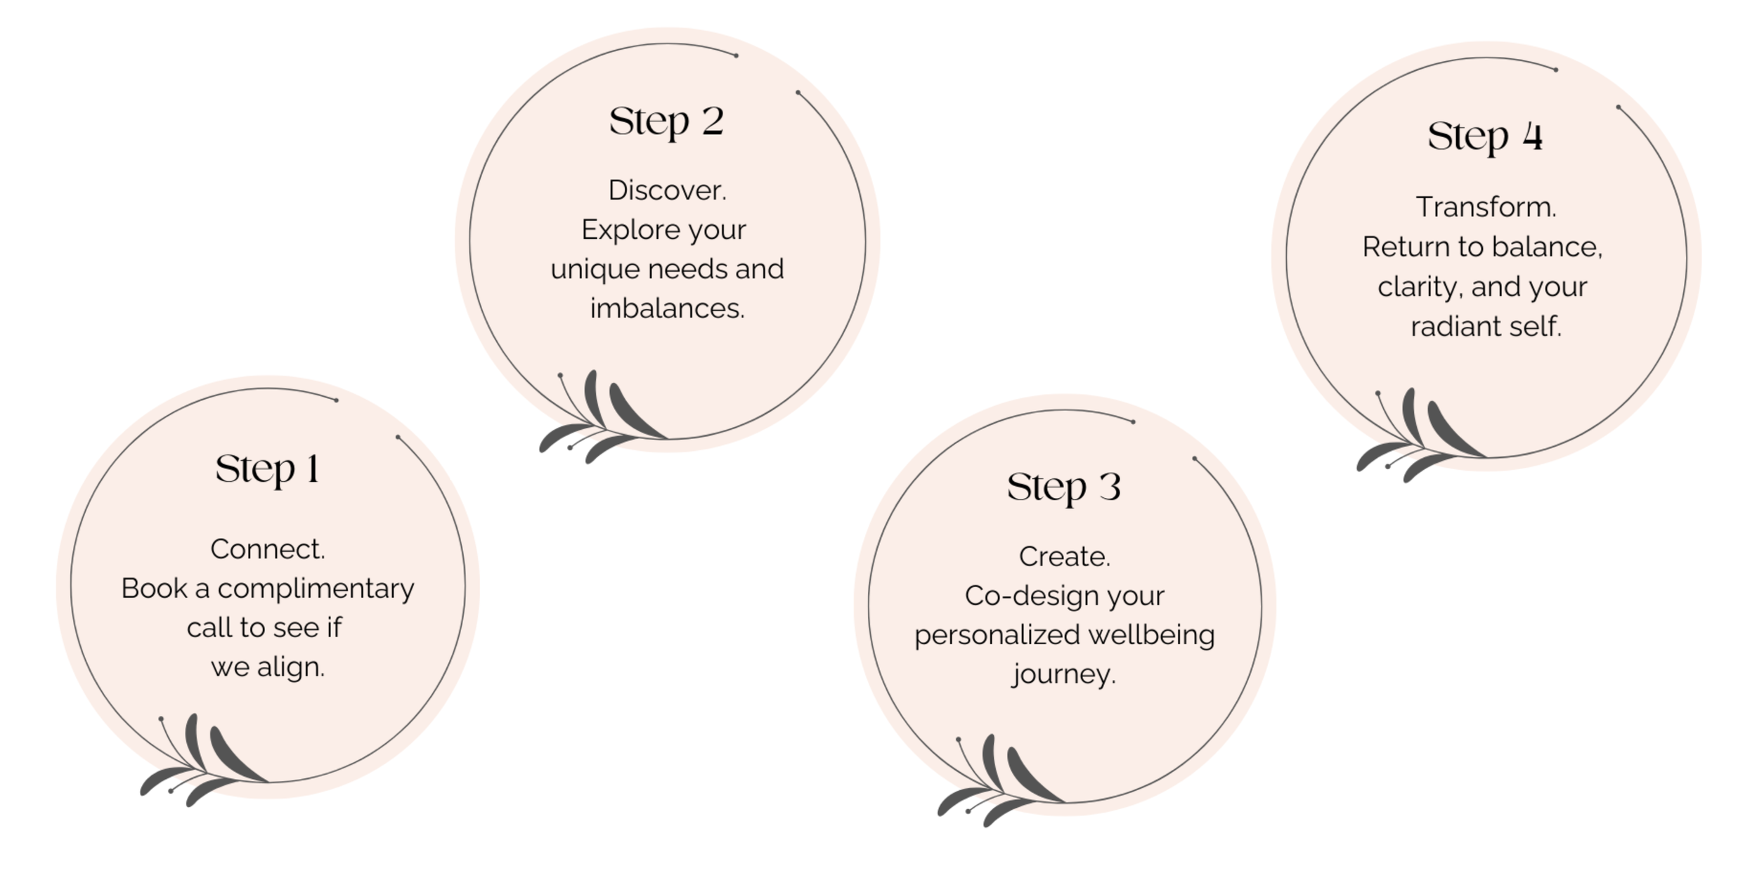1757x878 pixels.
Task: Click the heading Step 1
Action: pyautogui.click(x=268, y=469)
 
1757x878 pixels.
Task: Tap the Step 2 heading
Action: pyautogui.click(x=666, y=122)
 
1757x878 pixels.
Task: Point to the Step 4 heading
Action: pyautogui.click(x=1485, y=136)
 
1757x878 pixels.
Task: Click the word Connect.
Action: pyautogui.click(x=268, y=549)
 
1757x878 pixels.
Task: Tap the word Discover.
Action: pyautogui.click(x=667, y=190)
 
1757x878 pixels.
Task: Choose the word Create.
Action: pyautogui.click(x=1064, y=557)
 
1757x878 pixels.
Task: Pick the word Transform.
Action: pyautogui.click(x=1486, y=207)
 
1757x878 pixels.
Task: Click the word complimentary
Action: pyautogui.click(x=316, y=589)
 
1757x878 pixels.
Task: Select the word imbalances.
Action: pyautogui.click(x=667, y=308)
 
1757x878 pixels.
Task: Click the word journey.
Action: pyautogui.click(x=1063, y=675)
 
